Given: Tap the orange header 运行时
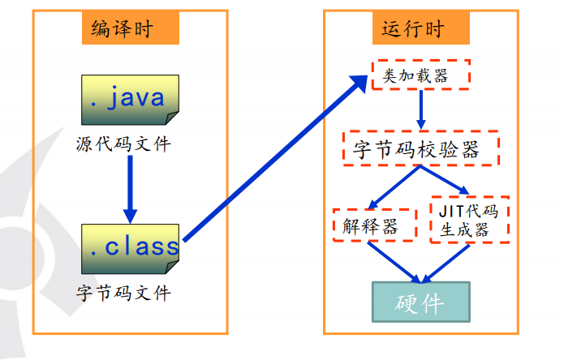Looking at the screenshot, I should tap(413, 28).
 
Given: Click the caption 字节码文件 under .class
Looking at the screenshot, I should tap(123, 293).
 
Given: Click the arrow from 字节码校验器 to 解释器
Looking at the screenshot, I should tap(394, 187).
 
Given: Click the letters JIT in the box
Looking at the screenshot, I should tap(451, 210).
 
